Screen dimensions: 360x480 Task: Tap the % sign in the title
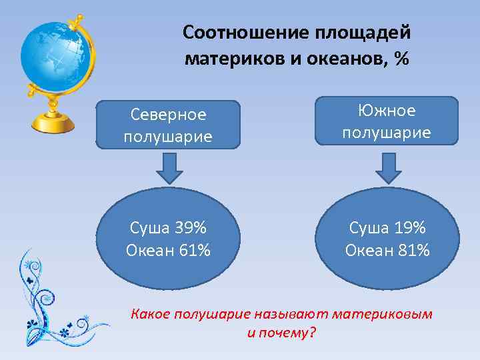tap(401, 59)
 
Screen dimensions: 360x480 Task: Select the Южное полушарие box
tap(387, 121)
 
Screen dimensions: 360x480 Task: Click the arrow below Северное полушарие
tap(169, 169)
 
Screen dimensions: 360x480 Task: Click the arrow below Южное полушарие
tap(389, 168)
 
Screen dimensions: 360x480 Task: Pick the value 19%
tap(408, 228)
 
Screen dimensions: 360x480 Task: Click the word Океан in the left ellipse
tap(148, 251)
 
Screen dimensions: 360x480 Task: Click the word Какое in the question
tap(151, 313)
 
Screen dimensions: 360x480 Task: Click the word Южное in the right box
tap(387, 110)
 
